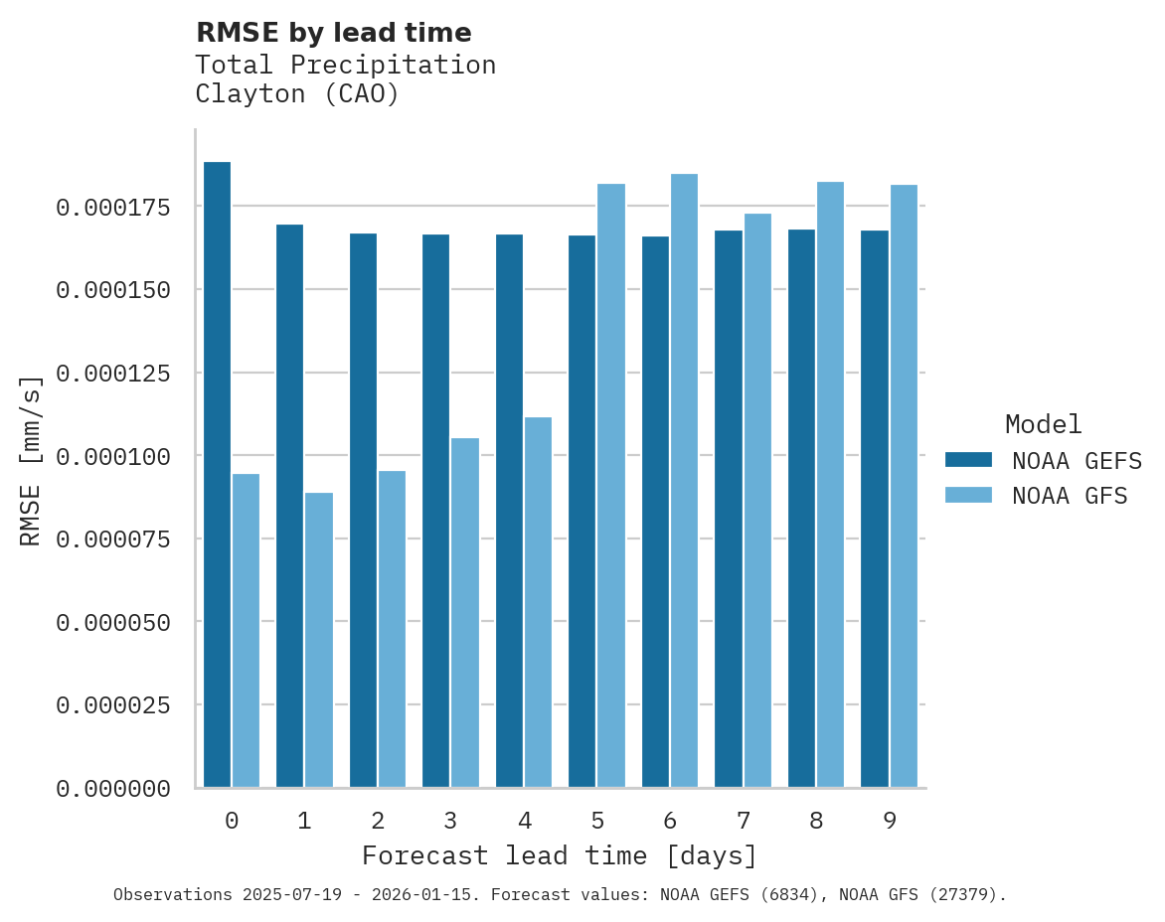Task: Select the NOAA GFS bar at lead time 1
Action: (x=319, y=640)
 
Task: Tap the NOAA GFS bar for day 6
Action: (x=684, y=481)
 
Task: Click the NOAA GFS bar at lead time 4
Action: (x=538, y=602)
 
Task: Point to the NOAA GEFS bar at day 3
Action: (x=435, y=511)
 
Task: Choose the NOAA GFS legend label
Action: (x=1070, y=496)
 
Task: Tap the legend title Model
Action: (x=1043, y=424)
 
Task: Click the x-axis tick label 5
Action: (x=597, y=821)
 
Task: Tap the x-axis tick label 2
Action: (x=378, y=821)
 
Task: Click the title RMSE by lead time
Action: (x=333, y=33)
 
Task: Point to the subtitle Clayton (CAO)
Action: (x=296, y=94)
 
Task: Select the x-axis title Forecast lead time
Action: (x=559, y=855)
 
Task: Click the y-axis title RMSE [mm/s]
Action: (x=32, y=461)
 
